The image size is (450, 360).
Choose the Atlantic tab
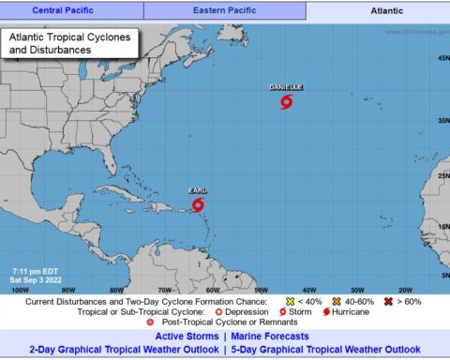(x=379, y=11)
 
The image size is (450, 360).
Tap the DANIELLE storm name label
(x=286, y=88)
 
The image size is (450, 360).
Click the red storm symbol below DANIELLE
(x=286, y=101)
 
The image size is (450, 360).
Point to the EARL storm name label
(x=197, y=189)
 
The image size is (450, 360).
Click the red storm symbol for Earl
(x=198, y=203)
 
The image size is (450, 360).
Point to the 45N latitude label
(x=442, y=58)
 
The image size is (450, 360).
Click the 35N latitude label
(x=442, y=120)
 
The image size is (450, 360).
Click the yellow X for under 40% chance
(x=291, y=301)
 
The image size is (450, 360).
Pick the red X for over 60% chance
(x=386, y=301)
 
